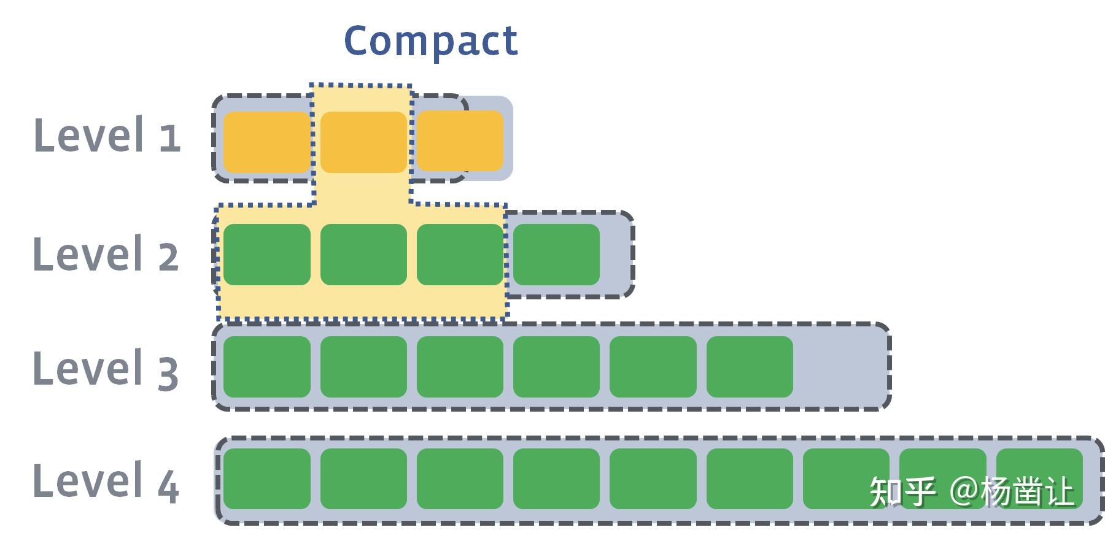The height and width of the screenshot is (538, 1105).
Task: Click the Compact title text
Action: tap(431, 42)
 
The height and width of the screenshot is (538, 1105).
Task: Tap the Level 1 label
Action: tap(107, 135)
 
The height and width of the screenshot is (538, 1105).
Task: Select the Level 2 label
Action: tap(106, 253)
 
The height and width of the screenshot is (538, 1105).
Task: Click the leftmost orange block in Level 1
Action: tap(266, 142)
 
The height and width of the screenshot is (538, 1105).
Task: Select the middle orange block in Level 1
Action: tap(363, 142)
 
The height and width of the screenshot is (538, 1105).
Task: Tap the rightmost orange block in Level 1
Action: tap(460, 140)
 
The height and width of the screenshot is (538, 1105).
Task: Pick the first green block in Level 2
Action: tap(266, 255)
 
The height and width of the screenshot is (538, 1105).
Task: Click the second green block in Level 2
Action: tap(363, 255)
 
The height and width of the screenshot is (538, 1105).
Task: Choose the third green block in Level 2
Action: tap(460, 255)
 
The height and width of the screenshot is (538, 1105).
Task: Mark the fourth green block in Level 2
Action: tap(556, 255)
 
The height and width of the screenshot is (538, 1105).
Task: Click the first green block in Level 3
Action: tap(266, 367)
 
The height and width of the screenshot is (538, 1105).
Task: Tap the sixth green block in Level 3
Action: tap(750, 367)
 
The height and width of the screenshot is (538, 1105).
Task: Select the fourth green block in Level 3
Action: tap(556, 367)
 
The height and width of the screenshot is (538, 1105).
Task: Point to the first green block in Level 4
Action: tap(266, 479)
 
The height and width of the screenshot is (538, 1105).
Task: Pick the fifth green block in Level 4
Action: tap(653, 479)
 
